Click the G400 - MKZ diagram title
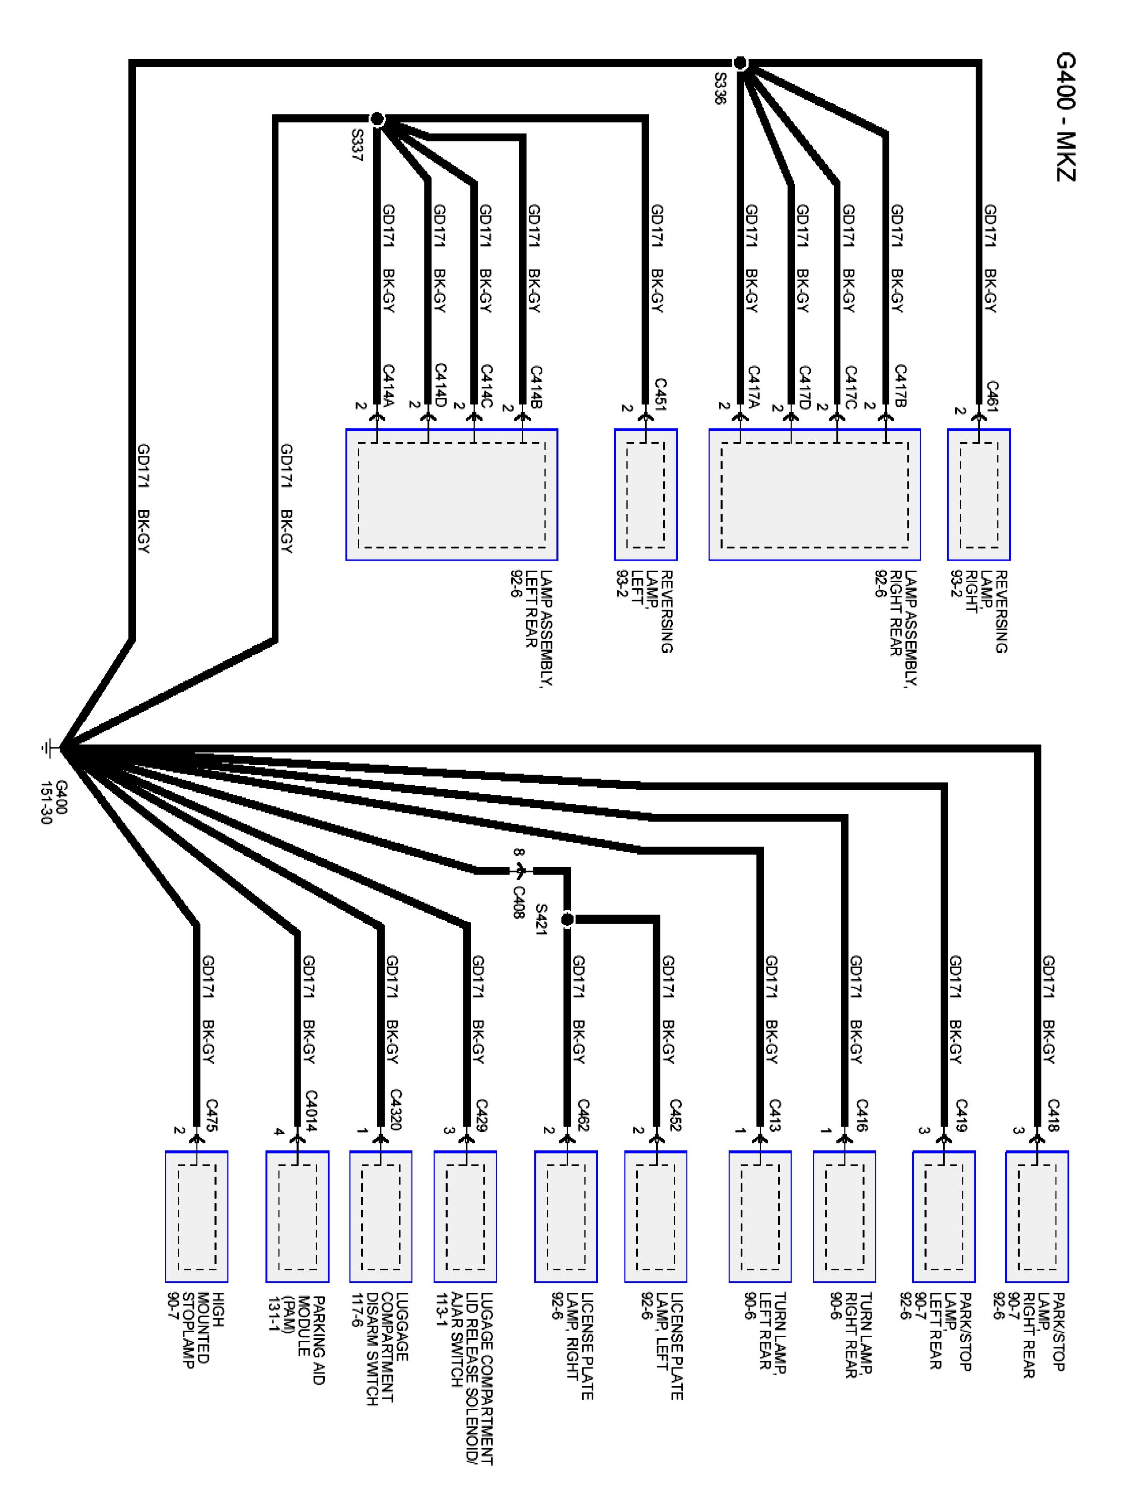(x=1065, y=117)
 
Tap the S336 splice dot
(x=740, y=63)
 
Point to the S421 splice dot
(x=567, y=920)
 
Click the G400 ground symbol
(x=48, y=748)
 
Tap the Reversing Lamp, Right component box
(x=978, y=495)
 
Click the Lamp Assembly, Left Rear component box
(x=451, y=495)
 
